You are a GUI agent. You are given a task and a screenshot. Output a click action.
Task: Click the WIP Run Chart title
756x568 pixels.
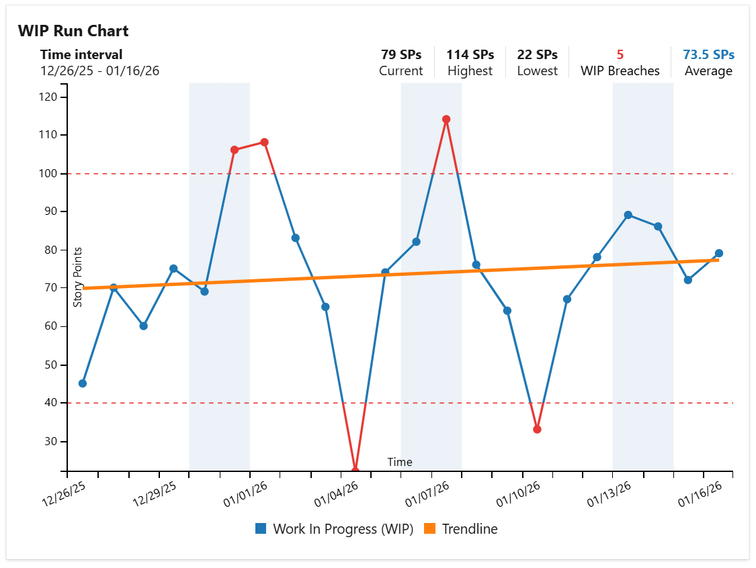coord(73,31)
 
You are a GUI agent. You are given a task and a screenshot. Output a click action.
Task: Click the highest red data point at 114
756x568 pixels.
coord(446,120)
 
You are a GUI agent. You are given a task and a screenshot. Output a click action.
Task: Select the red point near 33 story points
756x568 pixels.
coord(537,429)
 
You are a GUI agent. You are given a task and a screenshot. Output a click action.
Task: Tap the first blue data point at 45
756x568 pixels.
coord(83,383)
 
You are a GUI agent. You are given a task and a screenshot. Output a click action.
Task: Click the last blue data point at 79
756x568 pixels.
coord(718,254)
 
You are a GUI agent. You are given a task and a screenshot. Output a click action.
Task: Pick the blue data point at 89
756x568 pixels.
coord(628,215)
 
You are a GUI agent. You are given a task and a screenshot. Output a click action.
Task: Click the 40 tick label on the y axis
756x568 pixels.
coord(51,404)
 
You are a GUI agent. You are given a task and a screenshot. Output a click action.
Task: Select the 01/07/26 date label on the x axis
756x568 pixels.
coord(428,497)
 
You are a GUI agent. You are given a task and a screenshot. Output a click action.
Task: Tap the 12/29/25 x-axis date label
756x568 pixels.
coord(155,497)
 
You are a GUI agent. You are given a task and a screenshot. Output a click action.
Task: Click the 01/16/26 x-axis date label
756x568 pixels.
coord(700,497)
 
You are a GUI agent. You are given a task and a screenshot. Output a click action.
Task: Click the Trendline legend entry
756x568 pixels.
coord(469,529)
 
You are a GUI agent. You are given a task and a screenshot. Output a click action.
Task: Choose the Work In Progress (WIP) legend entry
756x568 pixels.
coord(342,529)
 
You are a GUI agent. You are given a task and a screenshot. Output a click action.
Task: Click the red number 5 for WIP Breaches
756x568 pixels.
coord(620,55)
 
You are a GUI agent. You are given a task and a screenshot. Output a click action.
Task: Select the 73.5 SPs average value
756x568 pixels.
coord(708,55)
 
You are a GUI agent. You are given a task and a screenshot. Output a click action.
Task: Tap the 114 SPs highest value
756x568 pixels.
coord(470,55)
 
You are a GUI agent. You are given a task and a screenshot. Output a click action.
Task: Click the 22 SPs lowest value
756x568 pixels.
coord(537,55)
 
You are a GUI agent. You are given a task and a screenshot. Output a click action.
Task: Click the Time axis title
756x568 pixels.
coord(400,462)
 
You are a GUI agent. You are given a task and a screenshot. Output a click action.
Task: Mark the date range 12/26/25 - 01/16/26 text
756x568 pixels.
coord(99,71)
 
